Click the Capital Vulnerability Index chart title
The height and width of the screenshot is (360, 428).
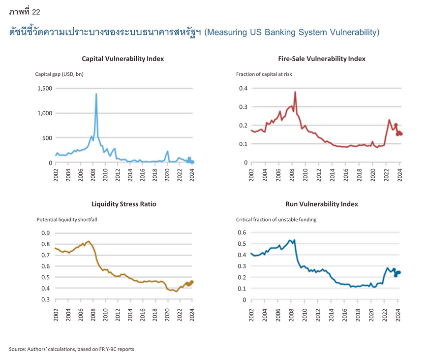tap(123, 59)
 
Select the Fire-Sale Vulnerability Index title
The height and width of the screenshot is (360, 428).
tap(322, 59)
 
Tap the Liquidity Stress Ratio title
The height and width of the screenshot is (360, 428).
tap(123, 204)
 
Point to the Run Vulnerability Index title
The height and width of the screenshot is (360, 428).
tap(322, 204)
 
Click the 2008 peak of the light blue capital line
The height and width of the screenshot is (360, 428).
tap(96, 94)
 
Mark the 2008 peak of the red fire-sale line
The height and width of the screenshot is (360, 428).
tap(295, 92)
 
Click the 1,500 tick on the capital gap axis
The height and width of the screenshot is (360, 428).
tap(45, 88)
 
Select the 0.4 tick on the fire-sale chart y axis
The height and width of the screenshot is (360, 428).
tap(243, 88)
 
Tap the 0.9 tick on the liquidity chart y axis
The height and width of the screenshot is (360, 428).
tap(46, 233)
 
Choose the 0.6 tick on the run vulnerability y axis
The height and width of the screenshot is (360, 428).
tap(242, 232)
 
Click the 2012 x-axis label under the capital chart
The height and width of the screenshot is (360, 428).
tap(118, 175)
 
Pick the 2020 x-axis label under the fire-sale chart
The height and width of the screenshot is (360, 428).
tap(373, 175)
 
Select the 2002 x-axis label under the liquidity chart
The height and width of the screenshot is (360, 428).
tap(56, 315)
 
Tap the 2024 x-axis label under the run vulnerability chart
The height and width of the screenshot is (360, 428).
tap(398, 315)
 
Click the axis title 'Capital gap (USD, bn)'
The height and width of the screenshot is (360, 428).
tap(59, 74)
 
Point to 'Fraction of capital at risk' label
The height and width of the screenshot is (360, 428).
tap(264, 74)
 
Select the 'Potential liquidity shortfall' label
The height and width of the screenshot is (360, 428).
tap(67, 220)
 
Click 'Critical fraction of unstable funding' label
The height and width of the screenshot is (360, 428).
tap(276, 220)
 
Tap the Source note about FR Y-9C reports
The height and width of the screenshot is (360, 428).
tap(71, 349)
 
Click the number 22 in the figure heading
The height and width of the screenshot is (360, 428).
tap(36, 12)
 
